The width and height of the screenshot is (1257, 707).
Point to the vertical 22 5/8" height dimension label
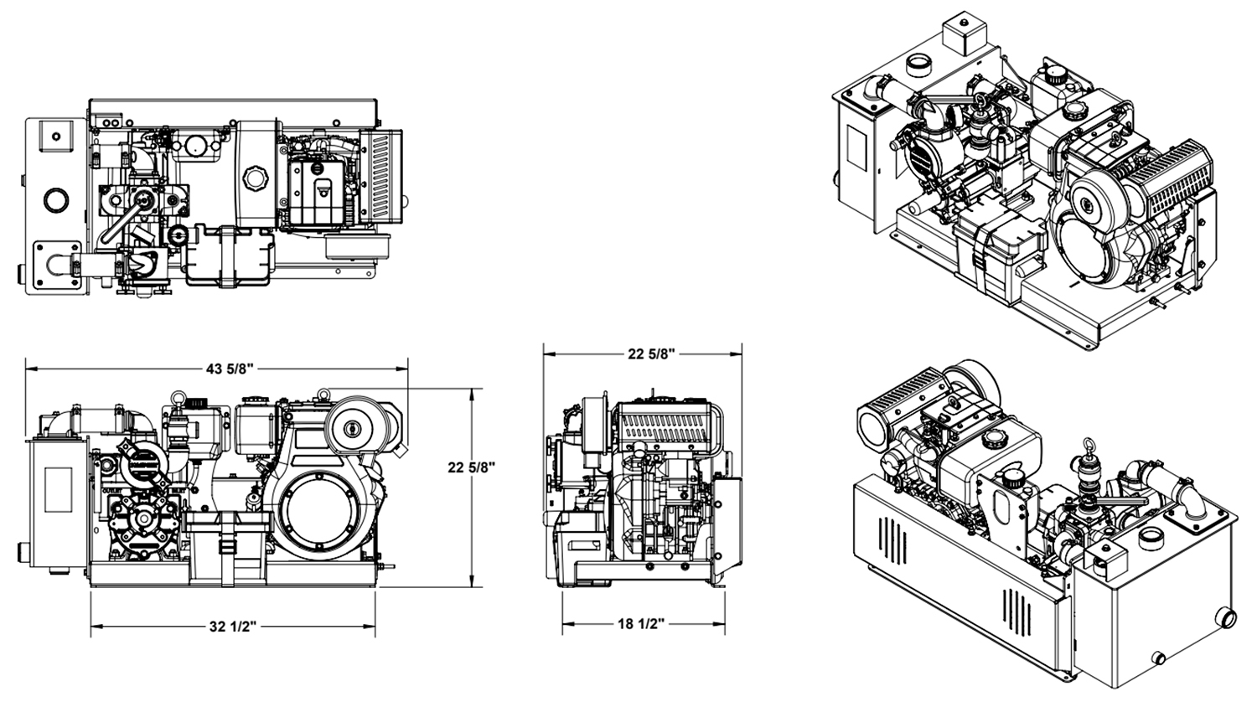[472, 467]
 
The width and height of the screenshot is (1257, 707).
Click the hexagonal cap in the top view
[254, 178]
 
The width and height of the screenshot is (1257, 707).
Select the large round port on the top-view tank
[56, 200]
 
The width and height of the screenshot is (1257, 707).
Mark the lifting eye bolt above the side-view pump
[178, 400]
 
